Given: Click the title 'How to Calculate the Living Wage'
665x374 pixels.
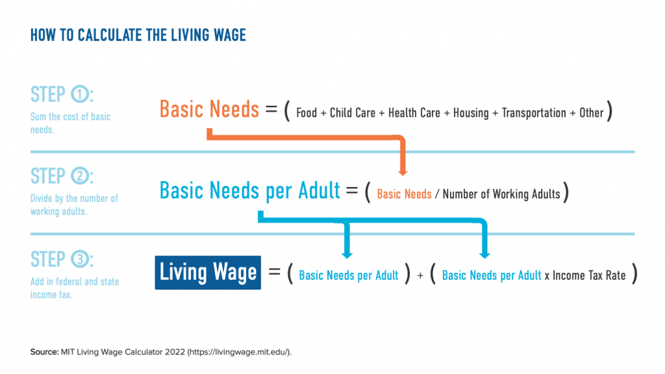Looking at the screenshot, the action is pos(138,35).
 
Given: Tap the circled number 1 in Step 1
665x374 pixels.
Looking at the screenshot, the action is pos(80,94).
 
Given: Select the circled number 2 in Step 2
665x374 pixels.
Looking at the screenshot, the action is pos(80,176).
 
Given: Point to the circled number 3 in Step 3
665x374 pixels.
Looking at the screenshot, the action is pos(80,259).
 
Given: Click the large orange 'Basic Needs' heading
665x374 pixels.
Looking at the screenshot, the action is pos(209,109).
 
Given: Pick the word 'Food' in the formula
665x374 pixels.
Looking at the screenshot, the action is pos(307,113).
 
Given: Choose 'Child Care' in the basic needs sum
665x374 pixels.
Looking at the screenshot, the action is pos(353,113).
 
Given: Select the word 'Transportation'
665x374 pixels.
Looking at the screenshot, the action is pos(534,113).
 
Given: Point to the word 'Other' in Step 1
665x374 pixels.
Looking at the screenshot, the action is pos(591,113).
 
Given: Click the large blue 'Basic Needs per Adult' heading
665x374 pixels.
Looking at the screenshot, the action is pos(250,190).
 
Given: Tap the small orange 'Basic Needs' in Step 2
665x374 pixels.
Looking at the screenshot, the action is pos(404,194).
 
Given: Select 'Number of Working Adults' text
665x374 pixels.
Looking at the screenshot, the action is pos(501,195).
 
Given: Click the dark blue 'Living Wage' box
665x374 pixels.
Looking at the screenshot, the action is pos(208,273).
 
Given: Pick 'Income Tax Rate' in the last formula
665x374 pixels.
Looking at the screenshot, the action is pos(588,275).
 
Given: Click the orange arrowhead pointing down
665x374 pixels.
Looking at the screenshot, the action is pos(403,171).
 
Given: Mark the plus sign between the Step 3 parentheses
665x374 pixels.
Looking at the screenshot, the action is pos(420,276).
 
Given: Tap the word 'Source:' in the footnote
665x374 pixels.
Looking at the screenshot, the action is pos(45,352).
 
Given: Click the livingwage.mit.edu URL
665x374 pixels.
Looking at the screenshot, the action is pos(239,352).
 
